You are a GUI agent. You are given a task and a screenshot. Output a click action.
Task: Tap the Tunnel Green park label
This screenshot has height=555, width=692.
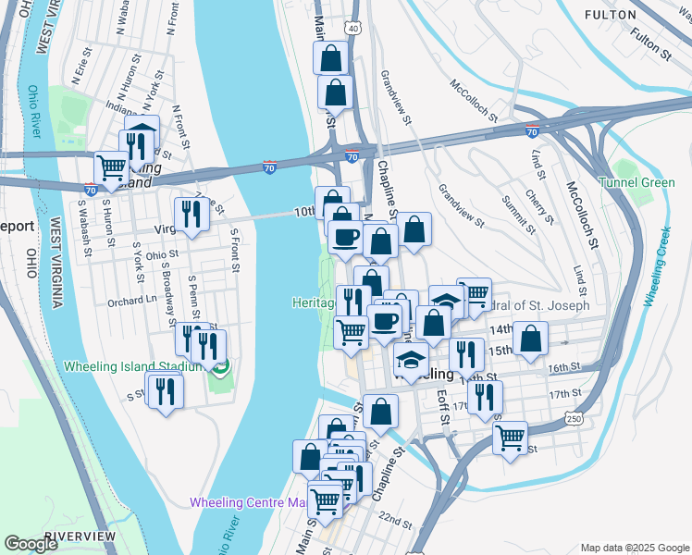pos(636,182)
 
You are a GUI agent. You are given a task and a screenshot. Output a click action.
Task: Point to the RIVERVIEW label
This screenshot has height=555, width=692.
pos(80,536)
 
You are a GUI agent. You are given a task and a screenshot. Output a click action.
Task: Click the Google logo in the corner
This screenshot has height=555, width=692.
pos(31,544)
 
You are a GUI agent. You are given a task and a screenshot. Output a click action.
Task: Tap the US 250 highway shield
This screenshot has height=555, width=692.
pos(574,420)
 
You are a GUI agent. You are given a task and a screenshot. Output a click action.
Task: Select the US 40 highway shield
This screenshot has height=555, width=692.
pos(353,29)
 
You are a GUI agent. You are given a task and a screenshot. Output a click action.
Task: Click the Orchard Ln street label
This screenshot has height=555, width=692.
pos(130,301)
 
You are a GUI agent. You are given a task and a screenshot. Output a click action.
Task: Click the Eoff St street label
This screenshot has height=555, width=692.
pos(443,407)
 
